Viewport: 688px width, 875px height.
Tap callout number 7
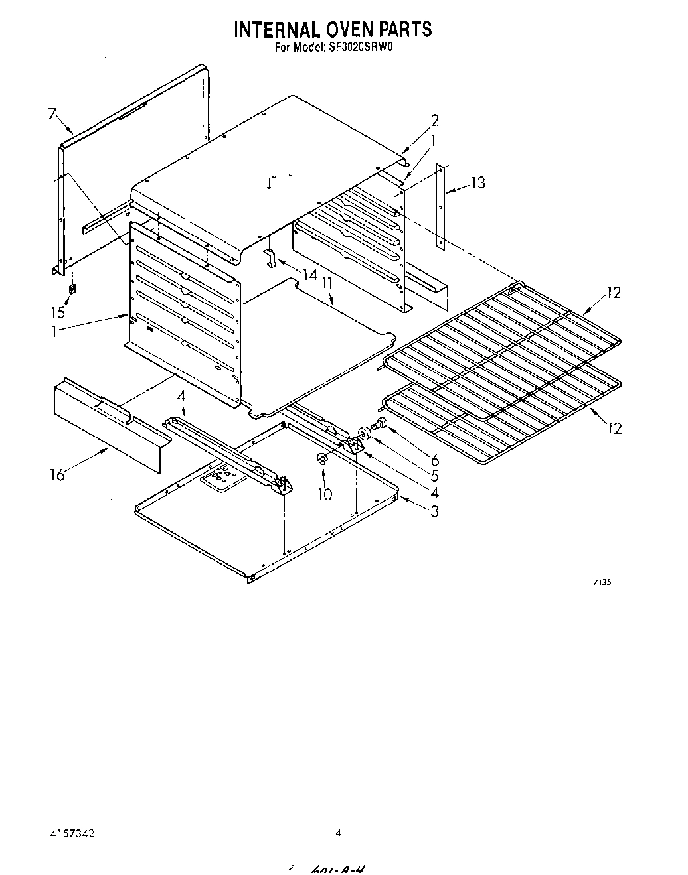click(x=52, y=113)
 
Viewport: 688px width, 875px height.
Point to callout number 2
click(x=434, y=121)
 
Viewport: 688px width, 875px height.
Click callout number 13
click(x=477, y=182)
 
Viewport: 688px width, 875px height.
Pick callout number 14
click(x=309, y=273)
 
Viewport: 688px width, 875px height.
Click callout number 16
click(x=58, y=474)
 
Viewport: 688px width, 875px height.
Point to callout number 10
click(x=325, y=494)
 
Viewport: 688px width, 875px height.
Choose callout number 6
click(x=435, y=460)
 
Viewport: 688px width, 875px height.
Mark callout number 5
click(x=435, y=476)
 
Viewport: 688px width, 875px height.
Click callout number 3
click(x=434, y=511)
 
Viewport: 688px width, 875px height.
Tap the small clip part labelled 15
click(x=72, y=289)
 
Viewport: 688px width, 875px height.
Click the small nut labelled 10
click(x=322, y=458)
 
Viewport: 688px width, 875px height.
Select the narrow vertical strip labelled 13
click(x=441, y=206)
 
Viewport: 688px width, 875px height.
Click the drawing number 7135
click(x=602, y=582)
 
